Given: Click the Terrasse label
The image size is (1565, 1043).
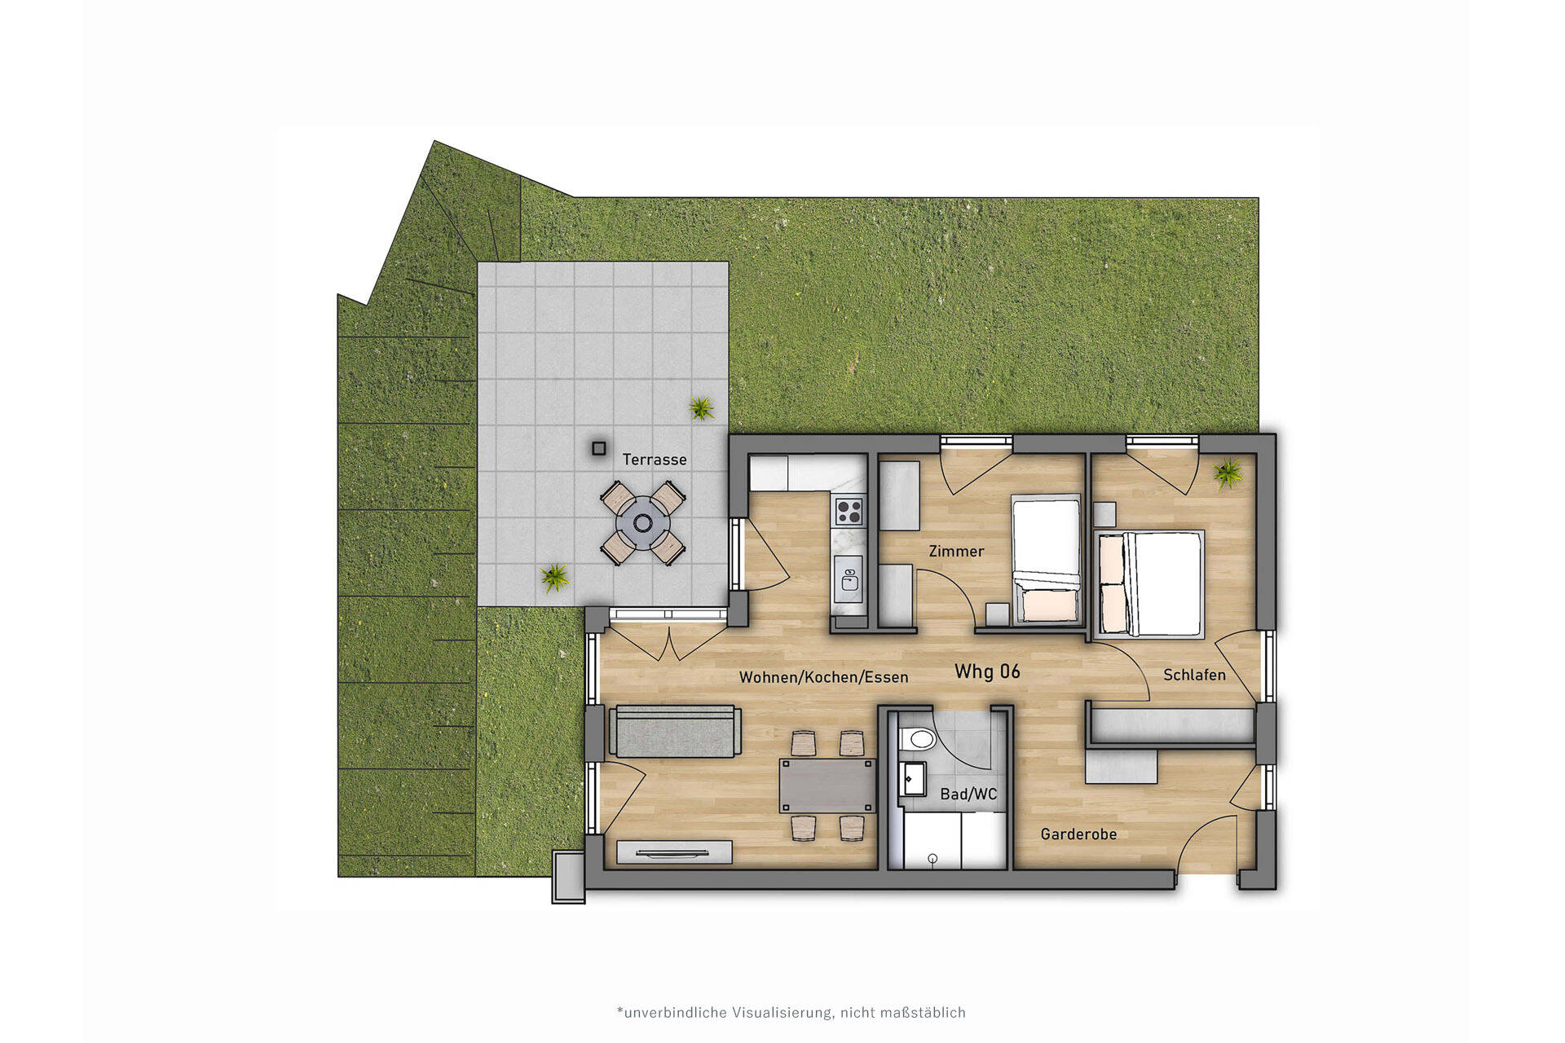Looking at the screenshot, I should coord(655,460).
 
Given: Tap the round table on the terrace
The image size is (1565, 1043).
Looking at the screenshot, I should coord(643,523).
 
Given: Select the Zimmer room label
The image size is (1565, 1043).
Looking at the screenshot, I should coord(956,552).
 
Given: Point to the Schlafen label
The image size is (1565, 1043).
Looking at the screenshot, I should coord(1194,675).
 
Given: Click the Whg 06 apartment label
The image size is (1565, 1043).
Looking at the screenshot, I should coord(987,671).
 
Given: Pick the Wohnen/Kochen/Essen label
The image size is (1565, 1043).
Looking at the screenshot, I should coord(823,677).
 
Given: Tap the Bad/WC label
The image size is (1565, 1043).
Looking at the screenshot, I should coord(968,794).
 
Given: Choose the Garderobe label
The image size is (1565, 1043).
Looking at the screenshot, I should coord(1078,834).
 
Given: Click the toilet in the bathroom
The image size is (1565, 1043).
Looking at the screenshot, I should coord(919,739).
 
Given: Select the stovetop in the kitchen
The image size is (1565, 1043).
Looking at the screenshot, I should coord(849,512).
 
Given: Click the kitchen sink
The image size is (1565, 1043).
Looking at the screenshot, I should coord(849,579).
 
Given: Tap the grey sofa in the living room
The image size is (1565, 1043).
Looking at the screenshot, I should coord(676,731).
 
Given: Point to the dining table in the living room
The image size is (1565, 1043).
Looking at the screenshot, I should coord(827,786).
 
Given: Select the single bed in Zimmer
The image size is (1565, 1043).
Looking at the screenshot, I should coord(1047,559).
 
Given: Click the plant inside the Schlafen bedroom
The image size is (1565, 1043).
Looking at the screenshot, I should coord(1228,473).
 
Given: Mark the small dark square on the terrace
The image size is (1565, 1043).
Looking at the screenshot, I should coord(599,448).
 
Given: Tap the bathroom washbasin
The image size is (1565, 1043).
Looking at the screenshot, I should coord(912,778).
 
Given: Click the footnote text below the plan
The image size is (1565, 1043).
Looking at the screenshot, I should coord(791,1013).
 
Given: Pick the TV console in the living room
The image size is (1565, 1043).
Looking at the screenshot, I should coord(674,852).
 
